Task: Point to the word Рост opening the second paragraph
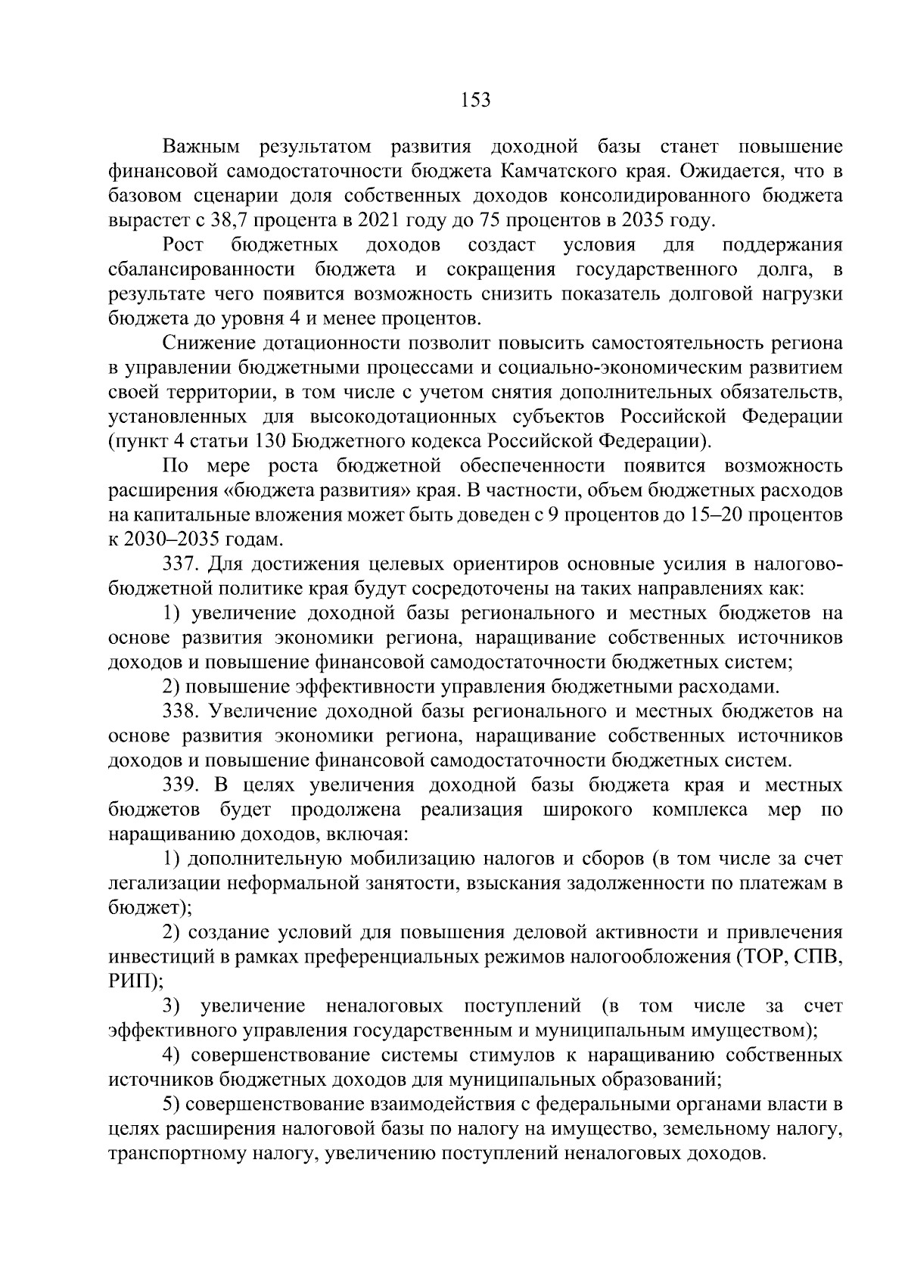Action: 182,245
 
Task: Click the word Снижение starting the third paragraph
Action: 207,344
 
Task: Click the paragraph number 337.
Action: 180,564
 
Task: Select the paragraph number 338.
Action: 180,711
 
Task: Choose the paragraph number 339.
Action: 180,785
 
